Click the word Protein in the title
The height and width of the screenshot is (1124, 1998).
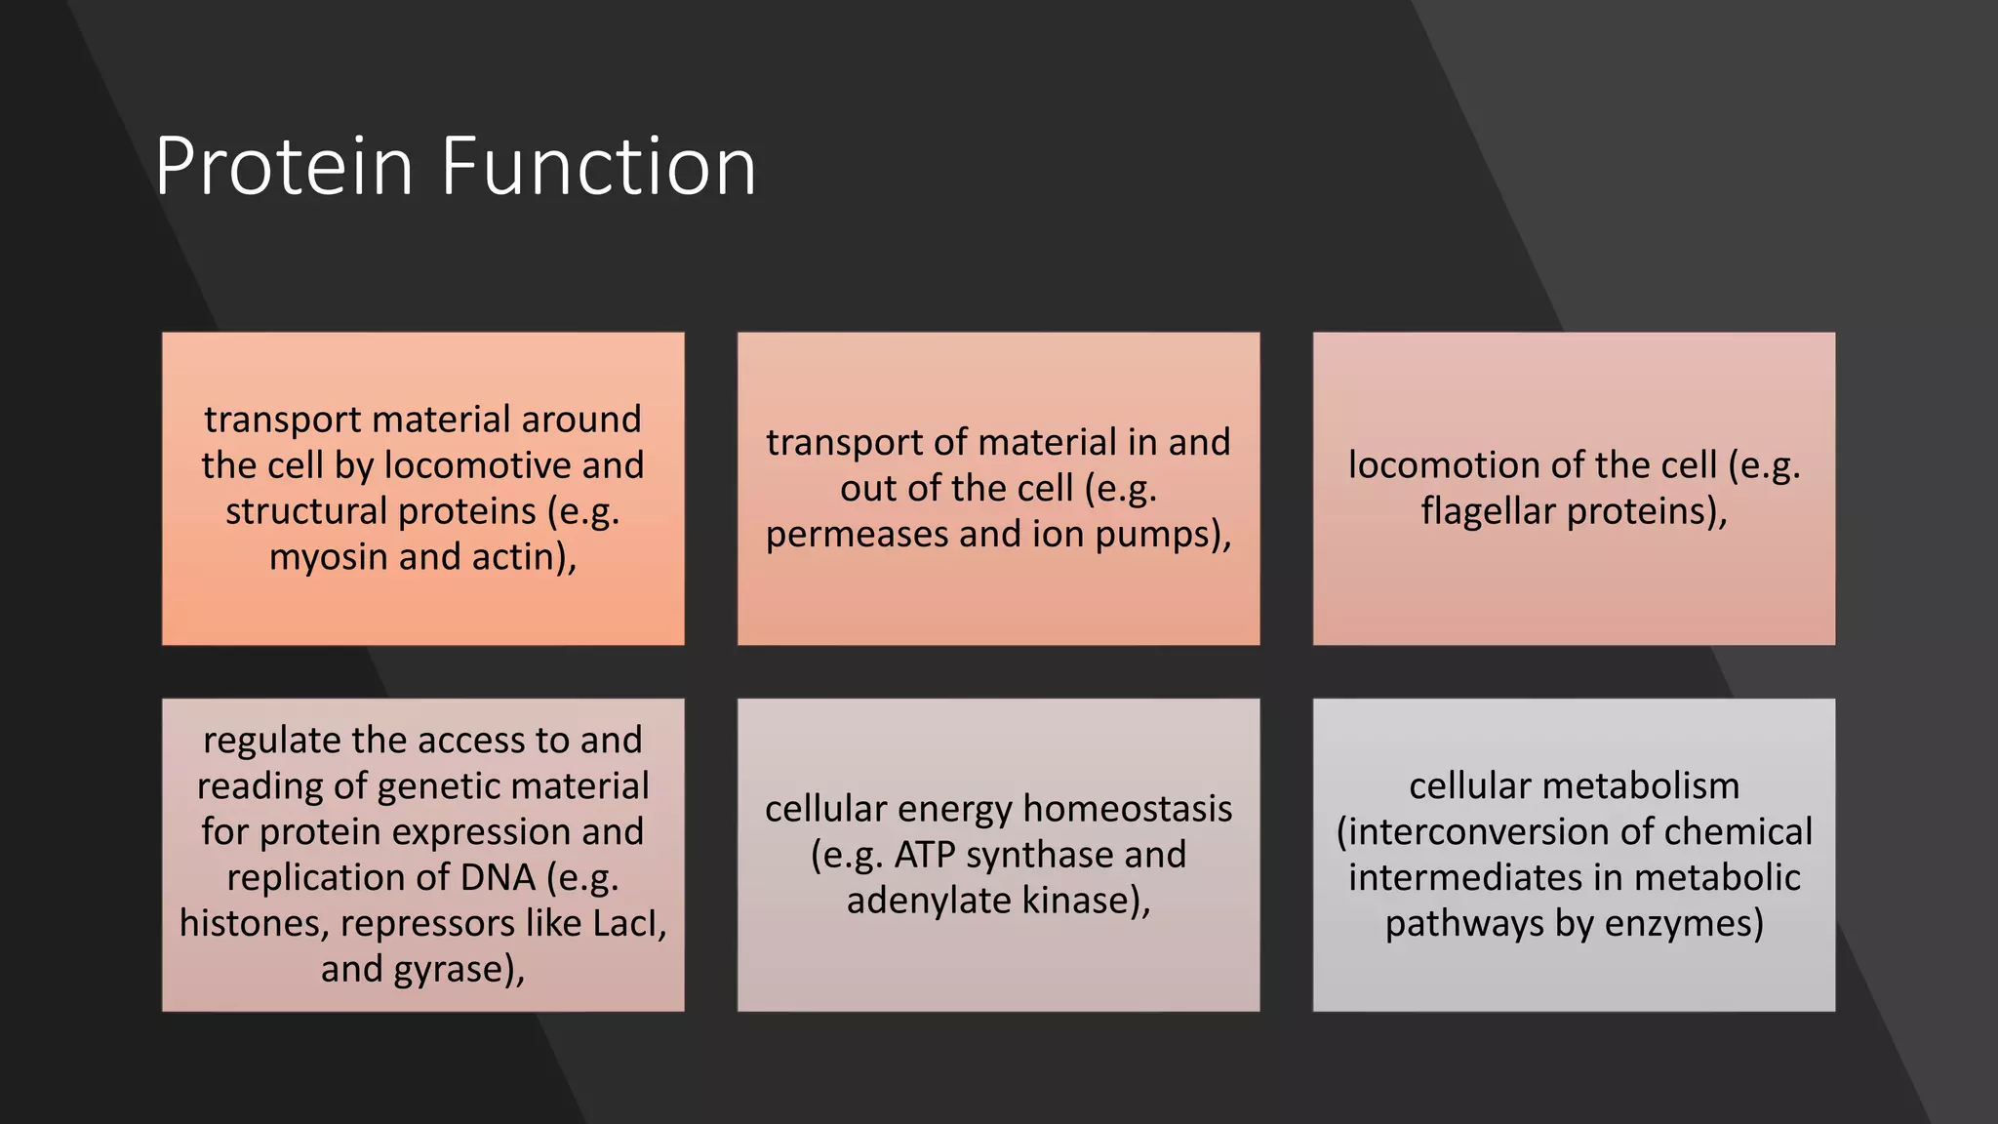click(x=284, y=168)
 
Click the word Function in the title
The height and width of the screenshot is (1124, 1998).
click(x=598, y=168)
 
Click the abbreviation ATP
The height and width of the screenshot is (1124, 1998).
click(x=925, y=856)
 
